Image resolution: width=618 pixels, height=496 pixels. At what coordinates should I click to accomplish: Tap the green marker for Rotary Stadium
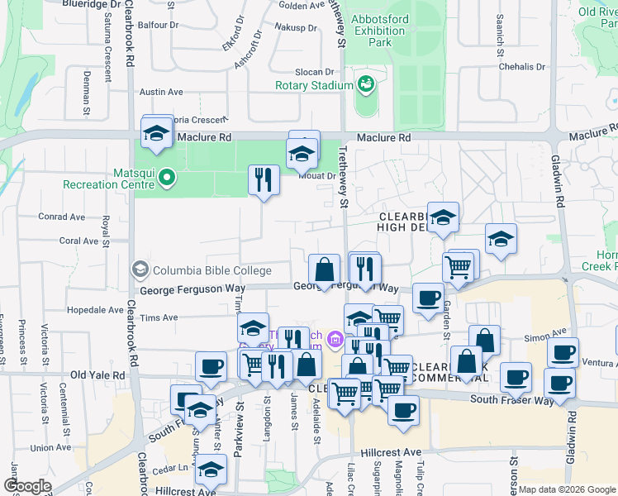(364, 83)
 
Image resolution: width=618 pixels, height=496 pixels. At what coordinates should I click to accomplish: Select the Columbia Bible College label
(210, 270)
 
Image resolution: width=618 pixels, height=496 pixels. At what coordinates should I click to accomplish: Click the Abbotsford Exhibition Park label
(378, 31)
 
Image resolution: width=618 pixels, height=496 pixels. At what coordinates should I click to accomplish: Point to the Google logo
(26, 486)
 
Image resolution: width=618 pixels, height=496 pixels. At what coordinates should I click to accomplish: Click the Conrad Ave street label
(62, 217)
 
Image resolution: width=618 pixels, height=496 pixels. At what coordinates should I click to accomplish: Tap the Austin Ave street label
(161, 92)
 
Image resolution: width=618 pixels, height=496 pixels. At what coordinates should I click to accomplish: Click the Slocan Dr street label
(314, 73)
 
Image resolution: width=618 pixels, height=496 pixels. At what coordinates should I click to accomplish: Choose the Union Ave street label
(50, 448)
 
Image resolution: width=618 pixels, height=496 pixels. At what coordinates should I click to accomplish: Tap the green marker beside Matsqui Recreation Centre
(166, 176)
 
